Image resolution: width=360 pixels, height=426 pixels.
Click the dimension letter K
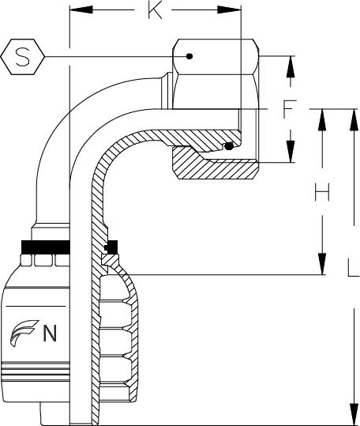pos(156,11)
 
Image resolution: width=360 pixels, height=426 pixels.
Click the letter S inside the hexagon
pos(23,57)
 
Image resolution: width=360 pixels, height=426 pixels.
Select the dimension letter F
pos(289,109)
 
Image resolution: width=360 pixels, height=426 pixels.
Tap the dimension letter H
pos(322,192)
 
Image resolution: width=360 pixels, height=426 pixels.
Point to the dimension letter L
pos(354,268)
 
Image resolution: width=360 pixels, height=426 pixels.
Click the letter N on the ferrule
pos(50,333)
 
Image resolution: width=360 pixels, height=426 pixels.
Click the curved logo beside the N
pos(24,333)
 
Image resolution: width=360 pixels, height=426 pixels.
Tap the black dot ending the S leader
pos(189,57)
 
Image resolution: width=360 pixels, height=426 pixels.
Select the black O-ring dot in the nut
pos(229,146)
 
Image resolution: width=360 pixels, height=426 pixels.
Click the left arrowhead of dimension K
pos(81,9)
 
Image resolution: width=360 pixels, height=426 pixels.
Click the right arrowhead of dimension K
pos(229,9)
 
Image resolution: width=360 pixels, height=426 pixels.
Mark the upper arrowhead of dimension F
pos(291,67)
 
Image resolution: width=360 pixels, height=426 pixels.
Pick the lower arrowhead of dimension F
pos(291,151)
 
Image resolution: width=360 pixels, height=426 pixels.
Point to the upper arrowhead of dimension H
pos(322,120)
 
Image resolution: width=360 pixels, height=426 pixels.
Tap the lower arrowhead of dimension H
pos(322,264)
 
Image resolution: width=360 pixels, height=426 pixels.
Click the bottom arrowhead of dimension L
pos(354,413)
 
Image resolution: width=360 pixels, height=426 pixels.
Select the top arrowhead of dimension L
pos(354,120)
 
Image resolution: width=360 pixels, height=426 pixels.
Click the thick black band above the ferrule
pos(46,247)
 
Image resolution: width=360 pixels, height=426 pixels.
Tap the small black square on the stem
pos(112,247)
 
